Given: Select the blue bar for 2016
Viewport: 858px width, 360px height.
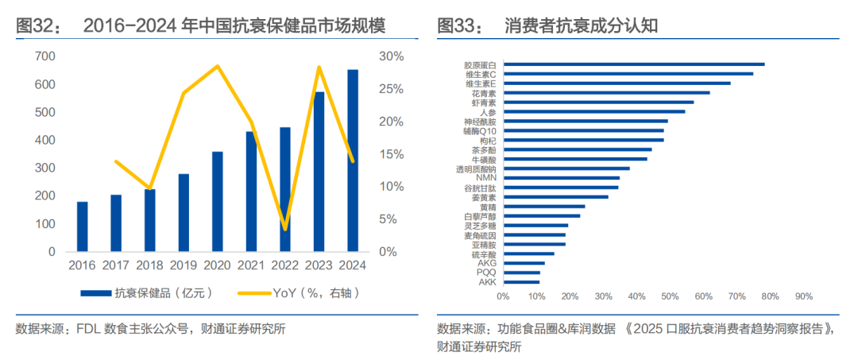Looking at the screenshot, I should [x=83, y=226].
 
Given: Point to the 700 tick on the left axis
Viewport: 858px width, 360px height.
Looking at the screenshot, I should [x=44, y=56].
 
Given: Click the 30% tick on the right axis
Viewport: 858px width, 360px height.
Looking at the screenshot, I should [x=391, y=56].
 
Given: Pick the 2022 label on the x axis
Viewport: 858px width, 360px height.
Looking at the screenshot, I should [x=285, y=265].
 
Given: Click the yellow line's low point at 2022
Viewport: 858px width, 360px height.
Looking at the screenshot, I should [x=285, y=230].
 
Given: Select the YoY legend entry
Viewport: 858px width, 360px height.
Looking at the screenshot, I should [x=302, y=293].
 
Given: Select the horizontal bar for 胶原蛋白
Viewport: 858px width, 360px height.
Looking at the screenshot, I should [x=633, y=64].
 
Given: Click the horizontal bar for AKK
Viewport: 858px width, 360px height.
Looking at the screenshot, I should [x=520, y=282].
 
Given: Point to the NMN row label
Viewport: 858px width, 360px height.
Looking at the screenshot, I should [x=486, y=178].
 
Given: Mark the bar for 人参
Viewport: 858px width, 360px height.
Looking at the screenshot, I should [x=593, y=112].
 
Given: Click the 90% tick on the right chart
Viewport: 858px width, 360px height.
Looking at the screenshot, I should [x=803, y=296].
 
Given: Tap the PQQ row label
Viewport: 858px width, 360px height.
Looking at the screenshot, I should [x=486, y=273].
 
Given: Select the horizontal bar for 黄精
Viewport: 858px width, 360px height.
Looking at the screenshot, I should [x=543, y=207].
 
